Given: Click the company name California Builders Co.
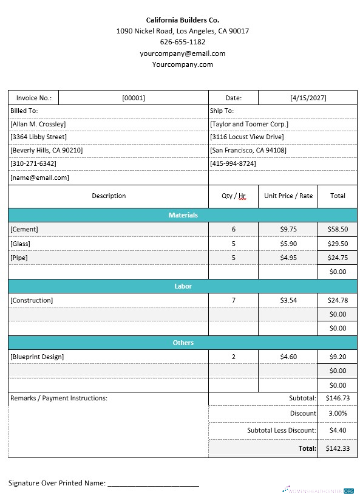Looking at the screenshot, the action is point(182,20).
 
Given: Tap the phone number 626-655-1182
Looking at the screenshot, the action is point(182,42).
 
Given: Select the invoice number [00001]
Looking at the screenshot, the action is point(134,98).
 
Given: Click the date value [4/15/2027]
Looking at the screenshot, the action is point(307,98).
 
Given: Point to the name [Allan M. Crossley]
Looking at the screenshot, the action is point(38,124).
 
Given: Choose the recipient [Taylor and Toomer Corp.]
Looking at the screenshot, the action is point(249,124).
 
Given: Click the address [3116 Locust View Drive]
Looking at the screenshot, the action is point(246,137).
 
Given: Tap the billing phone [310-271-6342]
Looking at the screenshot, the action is point(33,163).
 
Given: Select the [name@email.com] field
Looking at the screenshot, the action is point(39,177).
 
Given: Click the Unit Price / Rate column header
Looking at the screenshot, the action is point(288,196).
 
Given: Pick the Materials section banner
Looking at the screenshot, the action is point(183,215).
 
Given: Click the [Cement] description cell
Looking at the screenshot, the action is point(24,229).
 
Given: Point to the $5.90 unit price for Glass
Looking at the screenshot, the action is point(288,244).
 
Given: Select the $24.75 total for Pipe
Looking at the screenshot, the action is point(338,258).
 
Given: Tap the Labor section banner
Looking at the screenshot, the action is point(183,286).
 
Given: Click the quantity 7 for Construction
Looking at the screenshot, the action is point(233,300).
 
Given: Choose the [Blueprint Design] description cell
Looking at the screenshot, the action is point(37,357).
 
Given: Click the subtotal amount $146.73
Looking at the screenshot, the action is point(338,398).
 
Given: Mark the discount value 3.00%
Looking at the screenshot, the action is point(338,413).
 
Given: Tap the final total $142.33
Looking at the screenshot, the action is point(338,448).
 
